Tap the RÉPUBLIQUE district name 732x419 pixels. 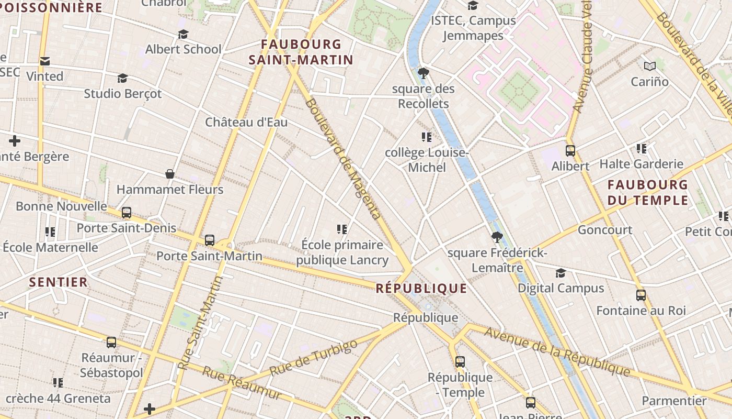click(421, 288)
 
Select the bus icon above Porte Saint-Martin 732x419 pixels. click(210, 240)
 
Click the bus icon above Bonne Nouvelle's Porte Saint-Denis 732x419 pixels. click(126, 213)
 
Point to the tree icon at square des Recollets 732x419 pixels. click(424, 73)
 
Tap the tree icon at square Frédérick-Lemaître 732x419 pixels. click(497, 238)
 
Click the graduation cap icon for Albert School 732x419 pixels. click(183, 35)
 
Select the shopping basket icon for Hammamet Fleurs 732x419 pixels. click(169, 174)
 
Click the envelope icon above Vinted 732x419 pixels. click(45, 62)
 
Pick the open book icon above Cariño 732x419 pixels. click(650, 67)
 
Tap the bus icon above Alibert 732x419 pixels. click(570, 151)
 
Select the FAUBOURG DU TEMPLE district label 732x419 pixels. click(648, 192)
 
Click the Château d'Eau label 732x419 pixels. click(246, 123)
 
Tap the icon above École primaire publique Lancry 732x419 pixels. click(342, 229)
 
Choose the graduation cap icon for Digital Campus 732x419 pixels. click(561, 273)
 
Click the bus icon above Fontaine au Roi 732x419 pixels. click(641, 295)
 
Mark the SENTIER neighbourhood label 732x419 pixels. click(59, 282)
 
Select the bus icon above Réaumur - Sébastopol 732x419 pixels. click(111, 343)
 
